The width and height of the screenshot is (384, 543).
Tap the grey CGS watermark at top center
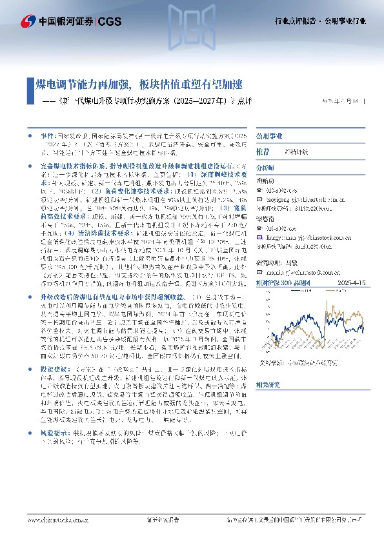tap(192, 19)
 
